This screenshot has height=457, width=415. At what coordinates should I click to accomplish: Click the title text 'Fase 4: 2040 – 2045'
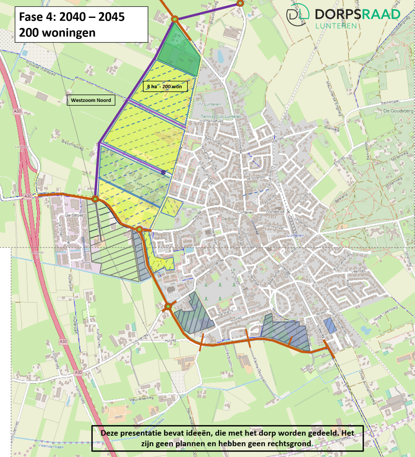click(x=72, y=17)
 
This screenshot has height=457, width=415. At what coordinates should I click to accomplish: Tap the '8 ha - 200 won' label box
click(x=165, y=86)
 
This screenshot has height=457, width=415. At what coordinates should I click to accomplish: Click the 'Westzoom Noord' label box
click(x=91, y=100)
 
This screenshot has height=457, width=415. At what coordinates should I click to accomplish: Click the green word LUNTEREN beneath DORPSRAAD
click(x=336, y=26)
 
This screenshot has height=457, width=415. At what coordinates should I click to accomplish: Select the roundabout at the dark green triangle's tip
click(x=175, y=19)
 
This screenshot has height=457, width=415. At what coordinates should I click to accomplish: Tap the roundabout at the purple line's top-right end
click(x=240, y=3)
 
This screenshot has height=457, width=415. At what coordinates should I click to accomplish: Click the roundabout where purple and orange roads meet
click(x=95, y=199)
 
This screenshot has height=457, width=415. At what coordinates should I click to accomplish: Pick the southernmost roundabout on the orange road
click(x=168, y=306)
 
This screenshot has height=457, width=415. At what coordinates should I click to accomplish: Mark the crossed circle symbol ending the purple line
click(x=163, y=172)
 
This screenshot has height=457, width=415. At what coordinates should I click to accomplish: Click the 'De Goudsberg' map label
click(x=398, y=111)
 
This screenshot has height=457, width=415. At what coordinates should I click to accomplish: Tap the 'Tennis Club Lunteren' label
click(x=221, y=116)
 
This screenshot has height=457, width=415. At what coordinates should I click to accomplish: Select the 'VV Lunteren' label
click(x=209, y=104)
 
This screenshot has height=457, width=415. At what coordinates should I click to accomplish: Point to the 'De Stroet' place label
click(x=74, y=215)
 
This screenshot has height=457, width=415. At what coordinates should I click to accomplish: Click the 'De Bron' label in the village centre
click(x=230, y=219)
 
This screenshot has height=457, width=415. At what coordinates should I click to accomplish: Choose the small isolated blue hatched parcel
click(x=330, y=326)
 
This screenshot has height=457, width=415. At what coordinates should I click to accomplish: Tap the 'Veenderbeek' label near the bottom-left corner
click(x=51, y=446)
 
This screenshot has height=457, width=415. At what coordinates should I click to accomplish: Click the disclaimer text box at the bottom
click(x=227, y=438)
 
